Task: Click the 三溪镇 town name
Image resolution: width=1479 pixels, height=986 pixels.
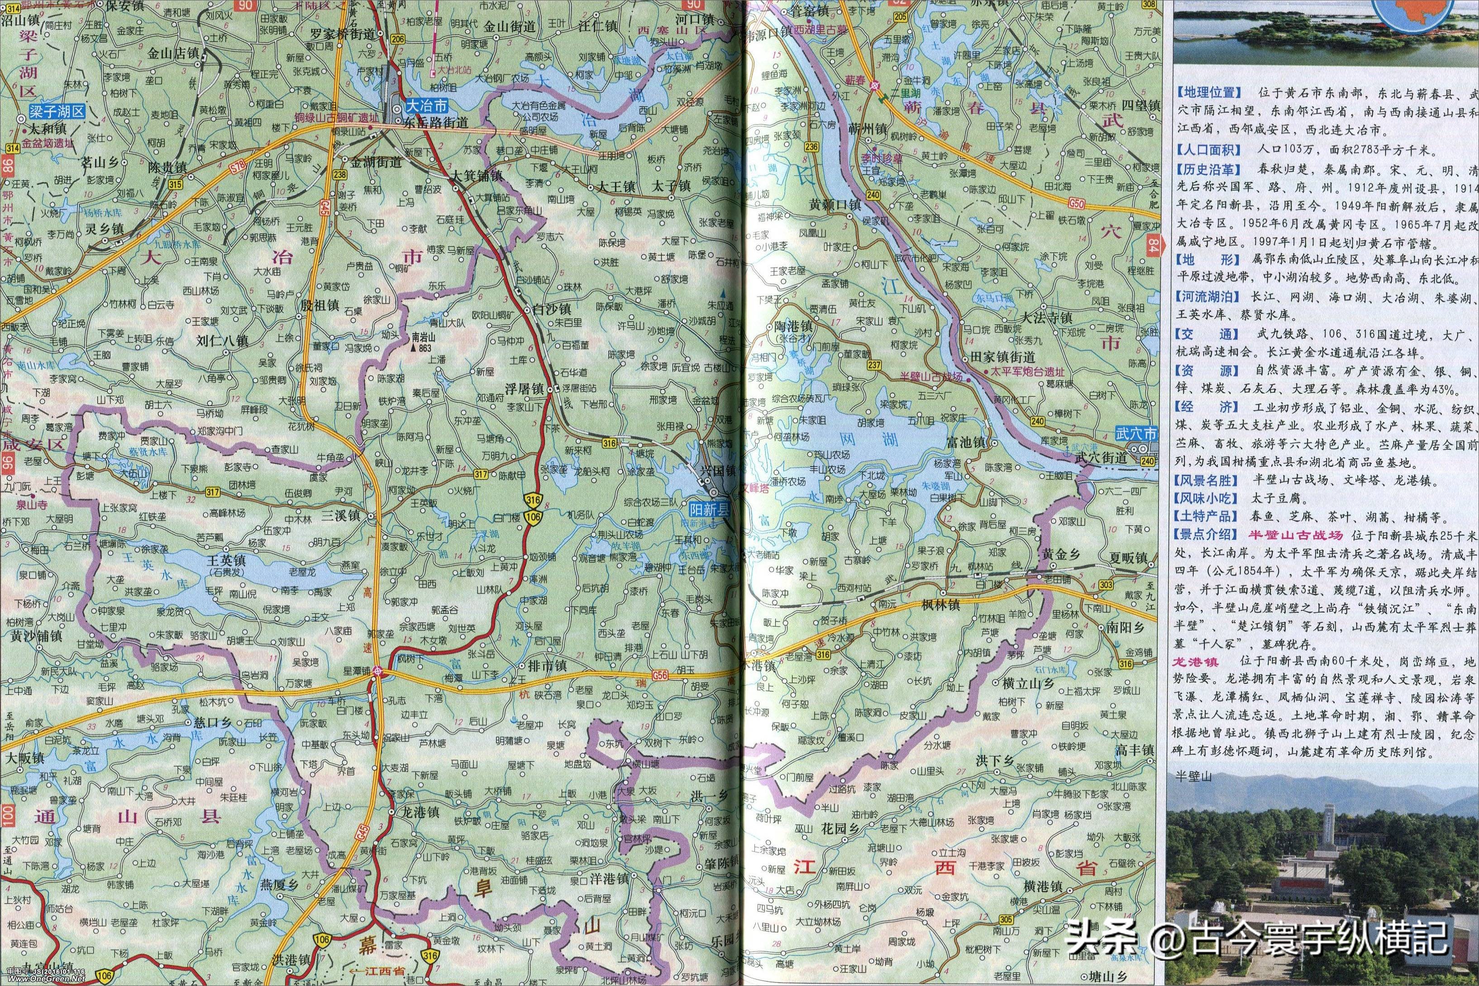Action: [339, 516]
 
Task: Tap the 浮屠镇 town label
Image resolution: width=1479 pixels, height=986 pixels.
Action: [524, 388]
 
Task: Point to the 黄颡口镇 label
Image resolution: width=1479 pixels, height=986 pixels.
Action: [835, 204]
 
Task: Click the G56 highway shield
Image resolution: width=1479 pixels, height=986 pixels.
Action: [659, 675]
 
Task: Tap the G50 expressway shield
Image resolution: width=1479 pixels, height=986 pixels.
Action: [1077, 201]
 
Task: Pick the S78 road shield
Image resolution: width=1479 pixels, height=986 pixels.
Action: [238, 165]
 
